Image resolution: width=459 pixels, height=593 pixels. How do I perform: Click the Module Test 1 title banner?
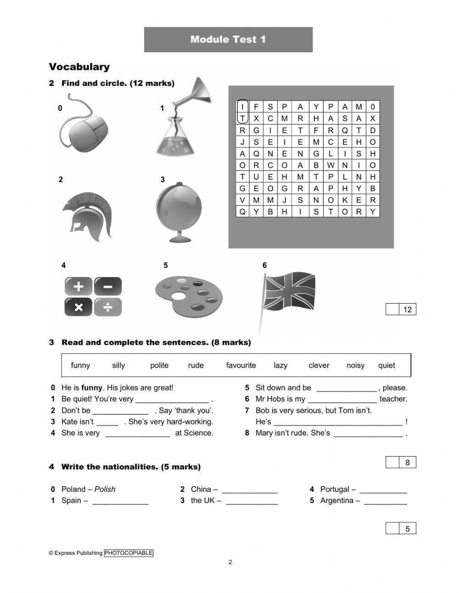click(228, 40)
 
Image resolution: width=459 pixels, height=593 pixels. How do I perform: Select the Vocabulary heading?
click(79, 67)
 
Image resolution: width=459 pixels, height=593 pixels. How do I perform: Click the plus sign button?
click(78, 287)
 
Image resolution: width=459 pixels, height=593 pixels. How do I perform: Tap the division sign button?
click(108, 307)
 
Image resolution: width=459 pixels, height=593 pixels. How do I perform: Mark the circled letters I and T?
click(242, 112)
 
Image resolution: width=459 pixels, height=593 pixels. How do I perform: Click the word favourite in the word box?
click(241, 365)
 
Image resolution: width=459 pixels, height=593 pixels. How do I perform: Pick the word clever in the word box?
click(319, 365)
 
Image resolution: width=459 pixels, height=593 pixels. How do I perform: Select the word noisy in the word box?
click(355, 365)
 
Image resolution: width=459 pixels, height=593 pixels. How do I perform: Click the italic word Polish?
click(105, 489)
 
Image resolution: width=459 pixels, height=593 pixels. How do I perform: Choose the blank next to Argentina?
click(385, 501)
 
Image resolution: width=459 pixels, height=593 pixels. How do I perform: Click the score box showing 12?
click(407, 310)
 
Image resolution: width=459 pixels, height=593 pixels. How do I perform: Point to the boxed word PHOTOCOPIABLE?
click(129, 553)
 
